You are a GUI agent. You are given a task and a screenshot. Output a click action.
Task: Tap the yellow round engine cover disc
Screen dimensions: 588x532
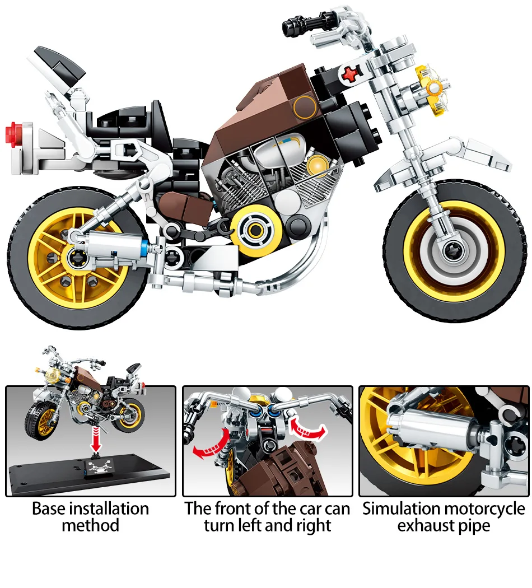coord(254,230)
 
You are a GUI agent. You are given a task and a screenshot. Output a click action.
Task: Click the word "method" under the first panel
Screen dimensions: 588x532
coord(91,526)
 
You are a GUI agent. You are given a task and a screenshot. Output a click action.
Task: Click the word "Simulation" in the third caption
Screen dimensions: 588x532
coord(400,508)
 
